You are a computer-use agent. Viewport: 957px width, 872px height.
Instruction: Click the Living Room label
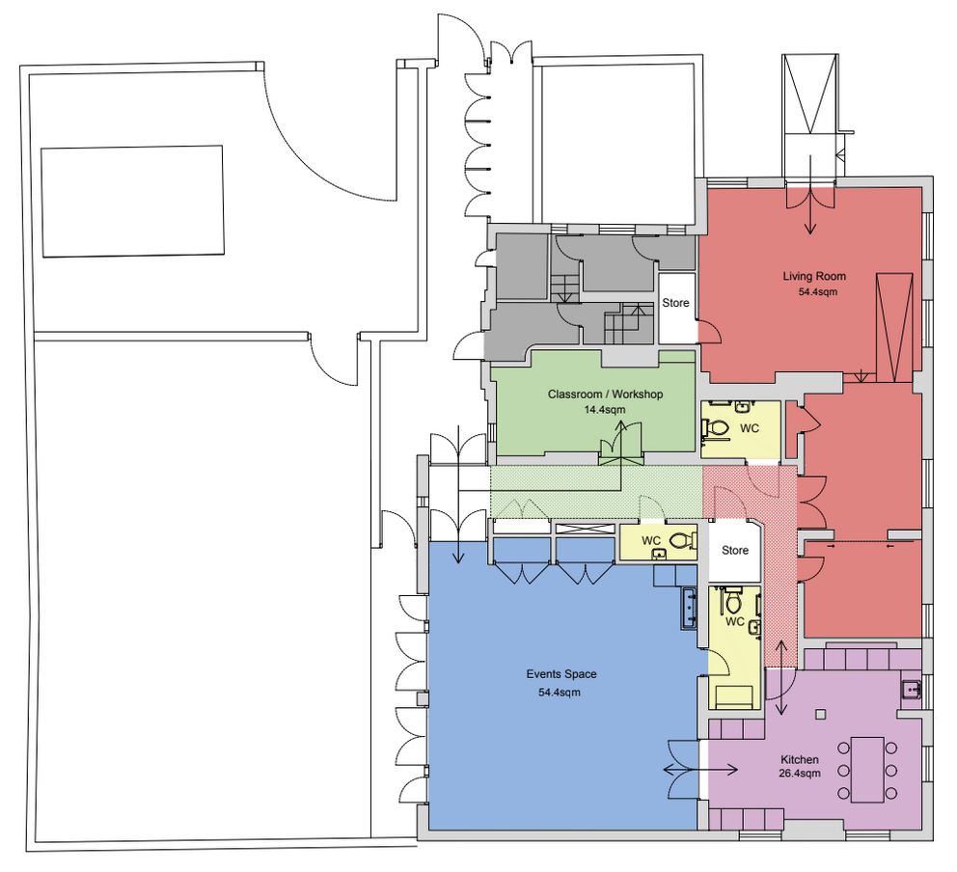814,277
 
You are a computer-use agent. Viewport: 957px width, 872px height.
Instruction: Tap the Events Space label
561,674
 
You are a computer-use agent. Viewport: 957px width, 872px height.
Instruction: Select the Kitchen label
800,760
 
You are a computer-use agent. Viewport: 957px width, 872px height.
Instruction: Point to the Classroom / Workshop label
605,395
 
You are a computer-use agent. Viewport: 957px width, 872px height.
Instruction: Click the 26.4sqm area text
800,774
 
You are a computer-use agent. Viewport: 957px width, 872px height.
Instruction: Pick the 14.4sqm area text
605,410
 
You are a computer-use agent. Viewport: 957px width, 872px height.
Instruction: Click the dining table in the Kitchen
867,770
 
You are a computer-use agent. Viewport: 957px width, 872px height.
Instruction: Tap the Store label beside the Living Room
675,303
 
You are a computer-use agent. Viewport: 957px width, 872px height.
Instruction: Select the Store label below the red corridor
735,551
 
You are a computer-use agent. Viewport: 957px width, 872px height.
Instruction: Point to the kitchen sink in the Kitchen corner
912,690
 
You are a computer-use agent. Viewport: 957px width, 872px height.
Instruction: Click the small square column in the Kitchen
821,714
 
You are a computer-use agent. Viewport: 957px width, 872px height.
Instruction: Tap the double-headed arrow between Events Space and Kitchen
700,770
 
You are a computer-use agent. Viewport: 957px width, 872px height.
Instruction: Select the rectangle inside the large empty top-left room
132,202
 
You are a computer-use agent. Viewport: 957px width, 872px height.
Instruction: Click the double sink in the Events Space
689,609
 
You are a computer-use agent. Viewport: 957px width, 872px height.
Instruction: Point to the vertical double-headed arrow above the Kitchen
780,677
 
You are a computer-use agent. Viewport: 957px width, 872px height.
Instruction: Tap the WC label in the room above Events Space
651,540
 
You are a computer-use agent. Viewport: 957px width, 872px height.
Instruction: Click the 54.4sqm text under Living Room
818,291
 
